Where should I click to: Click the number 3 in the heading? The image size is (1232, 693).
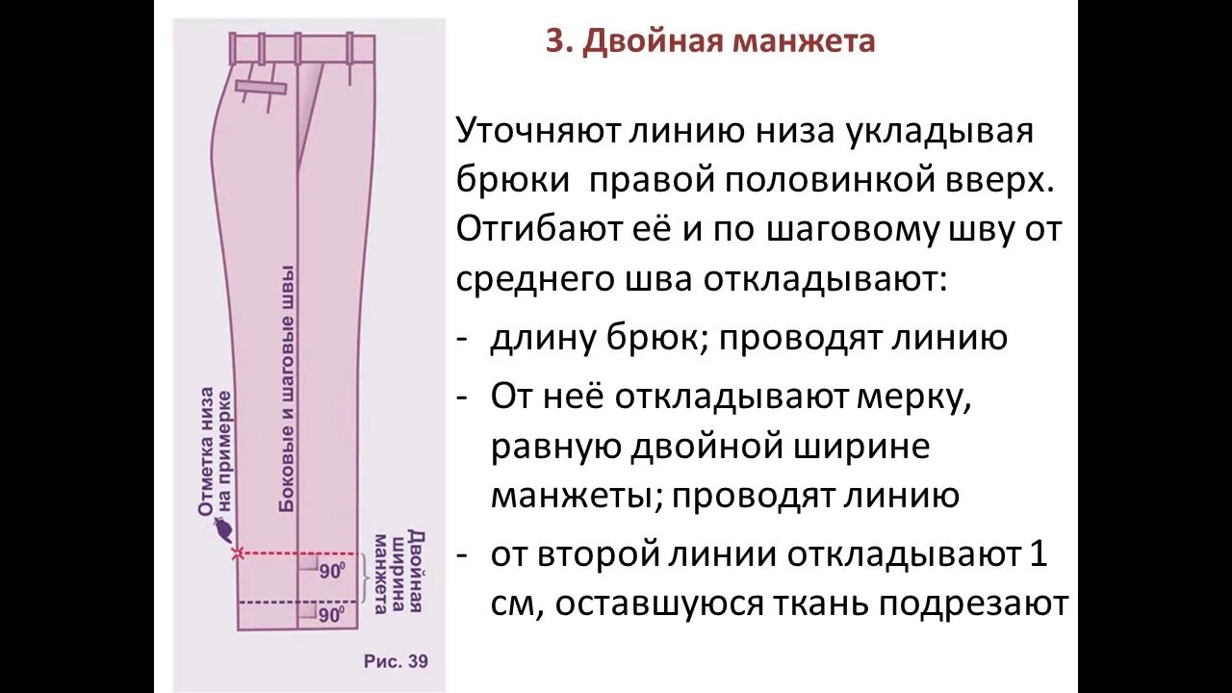[554, 42]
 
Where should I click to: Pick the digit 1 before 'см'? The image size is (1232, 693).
[1037, 554]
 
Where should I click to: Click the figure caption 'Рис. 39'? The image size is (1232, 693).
[396, 661]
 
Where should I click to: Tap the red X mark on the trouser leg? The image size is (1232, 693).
[238, 553]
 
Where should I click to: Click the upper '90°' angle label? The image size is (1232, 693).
[332, 571]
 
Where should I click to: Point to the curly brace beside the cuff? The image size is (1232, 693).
[367, 578]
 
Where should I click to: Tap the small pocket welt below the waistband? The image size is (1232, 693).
[262, 87]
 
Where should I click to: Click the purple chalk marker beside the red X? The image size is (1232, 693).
[225, 529]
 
